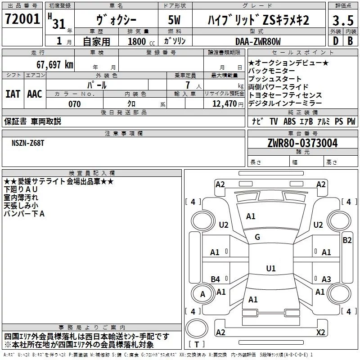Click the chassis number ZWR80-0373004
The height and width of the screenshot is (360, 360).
[x=302, y=144]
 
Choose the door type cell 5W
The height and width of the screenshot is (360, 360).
[x=175, y=21]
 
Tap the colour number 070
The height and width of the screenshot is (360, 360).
[x=74, y=104]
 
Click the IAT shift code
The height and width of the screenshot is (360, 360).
[x=13, y=94]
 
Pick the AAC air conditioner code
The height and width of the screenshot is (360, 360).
[x=34, y=94]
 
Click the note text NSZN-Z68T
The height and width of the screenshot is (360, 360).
[x=28, y=143]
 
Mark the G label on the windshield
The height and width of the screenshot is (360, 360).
[x=257, y=237]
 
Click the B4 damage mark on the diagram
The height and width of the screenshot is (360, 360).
[x=215, y=279]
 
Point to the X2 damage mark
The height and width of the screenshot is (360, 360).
[x=321, y=332]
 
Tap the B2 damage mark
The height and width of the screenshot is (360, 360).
[x=347, y=240]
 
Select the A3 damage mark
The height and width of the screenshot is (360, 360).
[x=326, y=279]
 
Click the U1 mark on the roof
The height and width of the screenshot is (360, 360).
[x=270, y=269]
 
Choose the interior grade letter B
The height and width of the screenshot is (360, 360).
[x=350, y=41]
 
